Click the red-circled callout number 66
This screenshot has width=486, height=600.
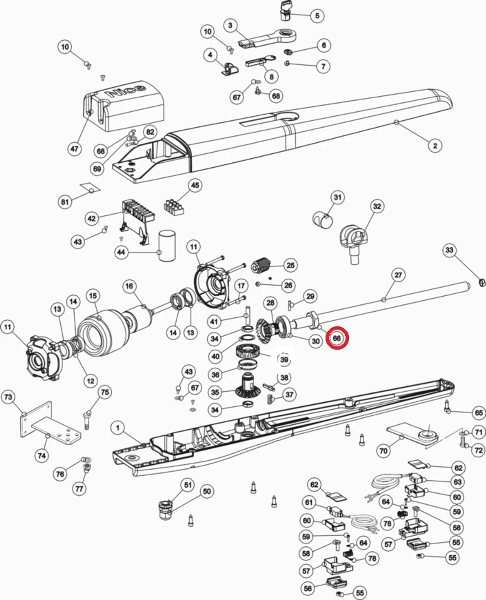(x=337, y=338)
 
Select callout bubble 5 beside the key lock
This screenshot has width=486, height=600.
(x=317, y=16)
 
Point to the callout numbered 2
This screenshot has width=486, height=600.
(x=435, y=145)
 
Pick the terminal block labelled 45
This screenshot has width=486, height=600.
(x=174, y=208)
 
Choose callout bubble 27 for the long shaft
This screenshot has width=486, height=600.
(x=398, y=275)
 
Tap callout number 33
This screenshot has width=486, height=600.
(x=449, y=250)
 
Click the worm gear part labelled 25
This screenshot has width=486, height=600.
(x=260, y=265)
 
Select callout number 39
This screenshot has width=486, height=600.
(x=284, y=360)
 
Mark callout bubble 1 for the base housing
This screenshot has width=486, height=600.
(x=118, y=428)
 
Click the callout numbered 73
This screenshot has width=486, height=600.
(x=8, y=397)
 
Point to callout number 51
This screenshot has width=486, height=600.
(x=188, y=485)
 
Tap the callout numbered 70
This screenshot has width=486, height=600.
(x=384, y=451)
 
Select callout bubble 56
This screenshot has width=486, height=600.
(x=308, y=588)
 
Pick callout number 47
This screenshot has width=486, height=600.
(x=74, y=149)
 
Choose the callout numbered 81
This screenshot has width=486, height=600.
(x=65, y=202)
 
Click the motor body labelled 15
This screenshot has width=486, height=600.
(x=102, y=333)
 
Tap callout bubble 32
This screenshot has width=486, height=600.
(x=377, y=206)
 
